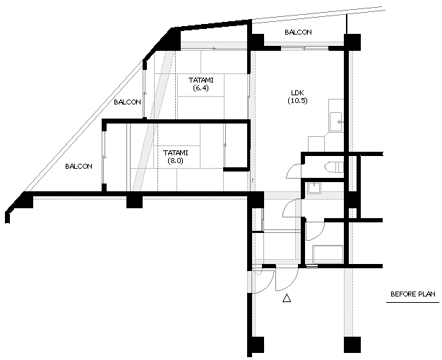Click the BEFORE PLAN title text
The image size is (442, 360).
[x=412, y=294]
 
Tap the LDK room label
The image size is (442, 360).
[x=297, y=92]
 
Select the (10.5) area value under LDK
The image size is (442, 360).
[x=297, y=101]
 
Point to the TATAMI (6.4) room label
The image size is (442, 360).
[x=201, y=84]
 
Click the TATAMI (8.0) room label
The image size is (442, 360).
[x=175, y=157]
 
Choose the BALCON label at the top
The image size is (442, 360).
[x=298, y=32]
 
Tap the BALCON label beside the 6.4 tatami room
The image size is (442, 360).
[x=127, y=102]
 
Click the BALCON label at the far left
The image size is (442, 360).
[x=78, y=167]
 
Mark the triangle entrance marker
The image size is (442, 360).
[x=287, y=298]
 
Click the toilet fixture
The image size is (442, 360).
[x=334, y=167]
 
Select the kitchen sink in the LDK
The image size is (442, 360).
[x=335, y=122]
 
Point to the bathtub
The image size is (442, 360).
[x=328, y=254]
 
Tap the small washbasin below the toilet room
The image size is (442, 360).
[x=313, y=188]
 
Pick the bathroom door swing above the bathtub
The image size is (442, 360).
[x=315, y=231]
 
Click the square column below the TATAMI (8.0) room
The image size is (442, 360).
[x=134, y=202]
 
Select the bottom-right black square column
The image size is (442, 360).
[x=352, y=344]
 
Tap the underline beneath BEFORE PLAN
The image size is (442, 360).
[x=412, y=303]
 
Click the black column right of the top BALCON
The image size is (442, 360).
[x=352, y=42]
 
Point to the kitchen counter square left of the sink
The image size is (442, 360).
[x=316, y=144]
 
